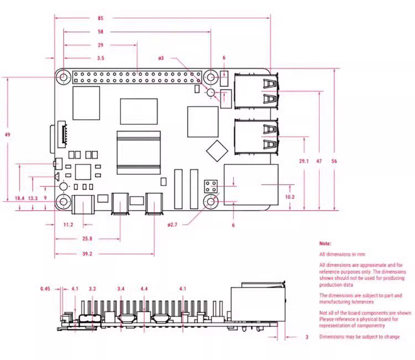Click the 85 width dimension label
coord(100,18)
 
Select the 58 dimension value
coord(100,32)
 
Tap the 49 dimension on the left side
coord(7,134)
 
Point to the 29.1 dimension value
coord(304,161)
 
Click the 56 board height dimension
coord(334,161)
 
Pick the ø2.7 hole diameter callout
coord(172,225)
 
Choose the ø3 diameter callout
coord(161,58)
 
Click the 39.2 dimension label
coord(87,254)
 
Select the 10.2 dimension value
coord(290,197)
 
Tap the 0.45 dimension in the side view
coord(45,289)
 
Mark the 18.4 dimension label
coord(19,198)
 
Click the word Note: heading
coord(325,244)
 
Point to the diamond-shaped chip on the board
coord(217,151)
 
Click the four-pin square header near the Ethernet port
coord(211,186)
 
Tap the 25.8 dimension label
coord(87,238)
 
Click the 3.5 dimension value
coord(101,58)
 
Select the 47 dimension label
coord(319,161)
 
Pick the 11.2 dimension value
coord(68,225)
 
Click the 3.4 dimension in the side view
coord(121,289)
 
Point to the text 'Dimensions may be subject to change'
coord(360,337)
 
